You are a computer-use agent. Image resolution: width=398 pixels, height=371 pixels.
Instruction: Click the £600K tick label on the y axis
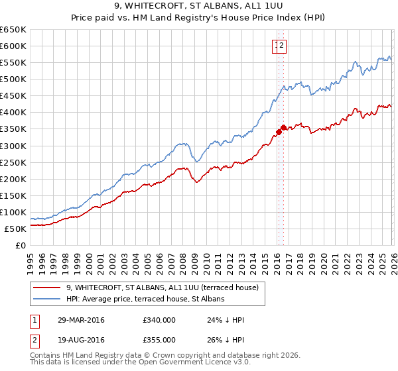pos(13,46)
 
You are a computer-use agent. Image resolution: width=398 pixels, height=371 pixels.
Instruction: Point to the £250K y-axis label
pos(13,162)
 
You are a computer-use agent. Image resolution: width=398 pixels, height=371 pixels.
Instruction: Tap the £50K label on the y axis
pos(15,229)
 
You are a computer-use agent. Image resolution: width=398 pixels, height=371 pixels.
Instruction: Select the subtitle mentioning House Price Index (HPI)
pos(198,19)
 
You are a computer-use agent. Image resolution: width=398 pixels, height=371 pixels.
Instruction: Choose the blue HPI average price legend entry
pos(145,299)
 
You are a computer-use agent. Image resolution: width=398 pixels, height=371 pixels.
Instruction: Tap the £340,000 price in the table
pos(159,320)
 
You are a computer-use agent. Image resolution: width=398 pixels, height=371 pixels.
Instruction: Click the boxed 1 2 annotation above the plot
pos(279,45)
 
